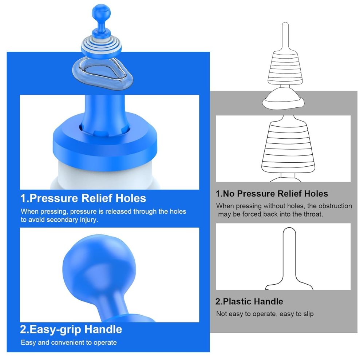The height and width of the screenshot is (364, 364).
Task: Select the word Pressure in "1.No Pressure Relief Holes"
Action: (x=253, y=194)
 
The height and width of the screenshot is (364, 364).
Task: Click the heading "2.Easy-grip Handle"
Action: (x=71, y=329)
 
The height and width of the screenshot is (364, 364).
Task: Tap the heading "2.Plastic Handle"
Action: (x=249, y=301)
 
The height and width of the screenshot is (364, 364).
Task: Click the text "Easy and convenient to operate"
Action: (x=69, y=343)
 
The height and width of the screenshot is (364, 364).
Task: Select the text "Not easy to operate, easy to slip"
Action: (x=265, y=313)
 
